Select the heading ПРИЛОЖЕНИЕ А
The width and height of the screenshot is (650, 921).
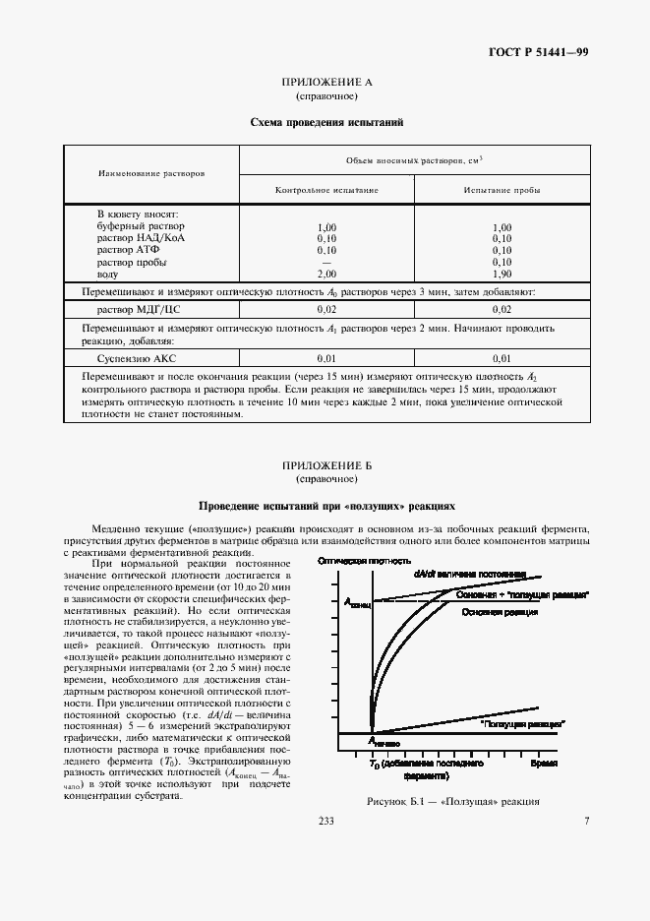click(x=325, y=84)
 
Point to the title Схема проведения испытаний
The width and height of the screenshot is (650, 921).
click(x=325, y=123)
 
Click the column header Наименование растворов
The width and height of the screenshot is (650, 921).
click(x=151, y=173)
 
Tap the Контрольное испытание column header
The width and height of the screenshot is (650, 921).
click(x=327, y=189)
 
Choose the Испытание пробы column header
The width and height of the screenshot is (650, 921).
click(x=502, y=189)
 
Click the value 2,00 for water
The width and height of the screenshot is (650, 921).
click(x=327, y=274)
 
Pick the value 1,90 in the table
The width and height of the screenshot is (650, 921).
click(x=502, y=274)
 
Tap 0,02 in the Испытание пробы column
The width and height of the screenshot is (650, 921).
click(x=502, y=309)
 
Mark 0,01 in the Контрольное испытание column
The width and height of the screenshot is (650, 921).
click(x=327, y=357)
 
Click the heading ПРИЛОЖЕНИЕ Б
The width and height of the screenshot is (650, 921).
click(x=325, y=464)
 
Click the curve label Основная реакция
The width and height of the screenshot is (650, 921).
click(x=497, y=611)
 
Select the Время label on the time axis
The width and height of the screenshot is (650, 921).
click(x=544, y=764)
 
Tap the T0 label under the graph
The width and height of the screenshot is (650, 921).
click(x=374, y=765)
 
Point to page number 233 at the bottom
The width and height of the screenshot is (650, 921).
click(x=325, y=822)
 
